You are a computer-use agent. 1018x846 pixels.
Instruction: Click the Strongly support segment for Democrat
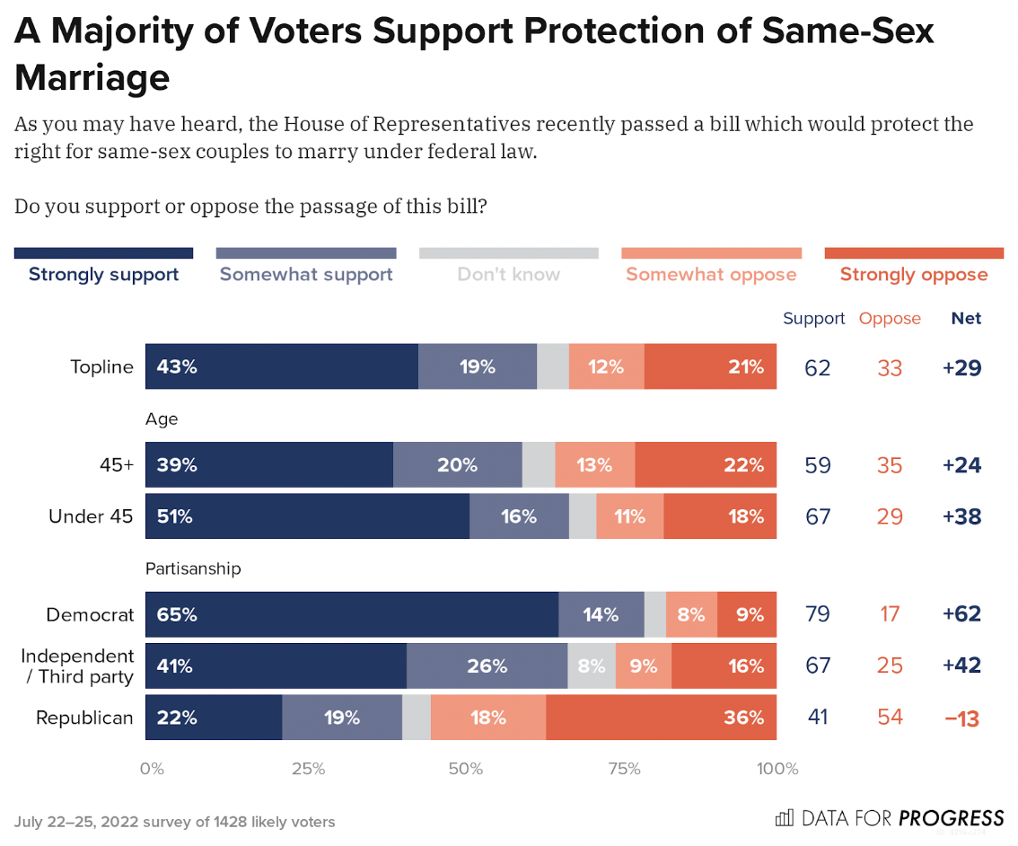click(x=351, y=615)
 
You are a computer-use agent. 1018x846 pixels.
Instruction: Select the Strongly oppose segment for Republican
click(x=661, y=718)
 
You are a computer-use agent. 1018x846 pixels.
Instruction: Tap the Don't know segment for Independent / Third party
click(x=592, y=666)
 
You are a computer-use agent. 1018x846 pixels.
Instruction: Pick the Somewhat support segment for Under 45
click(x=519, y=516)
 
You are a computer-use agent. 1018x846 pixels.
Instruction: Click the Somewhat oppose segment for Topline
click(x=606, y=366)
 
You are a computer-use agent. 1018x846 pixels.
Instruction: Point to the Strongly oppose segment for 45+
click(x=706, y=465)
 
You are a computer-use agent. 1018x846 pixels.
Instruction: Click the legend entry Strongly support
click(x=103, y=274)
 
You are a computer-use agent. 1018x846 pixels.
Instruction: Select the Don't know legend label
click(x=508, y=274)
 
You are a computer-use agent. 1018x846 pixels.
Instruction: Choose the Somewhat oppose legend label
click(x=711, y=274)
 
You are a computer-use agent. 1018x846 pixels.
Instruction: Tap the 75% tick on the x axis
click(x=624, y=769)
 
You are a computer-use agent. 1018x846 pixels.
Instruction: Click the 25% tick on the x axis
click(x=308, y=769)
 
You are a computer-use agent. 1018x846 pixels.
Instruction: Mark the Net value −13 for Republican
click(x=961, y=718)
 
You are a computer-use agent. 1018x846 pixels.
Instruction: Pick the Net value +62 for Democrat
click(x=961, y=615)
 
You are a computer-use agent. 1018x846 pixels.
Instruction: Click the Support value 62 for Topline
click(x=817, y=367)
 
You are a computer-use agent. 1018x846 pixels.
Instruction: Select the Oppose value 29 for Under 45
click(x=890, y=516)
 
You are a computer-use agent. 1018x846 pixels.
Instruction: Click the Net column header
click(x=966, y=318)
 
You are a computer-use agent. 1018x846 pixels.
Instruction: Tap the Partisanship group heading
click(x=193, y=568)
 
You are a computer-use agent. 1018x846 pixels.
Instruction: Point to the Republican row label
click(x=84, y=718)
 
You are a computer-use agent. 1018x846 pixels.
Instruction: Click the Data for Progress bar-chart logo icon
click(x=784, y=817)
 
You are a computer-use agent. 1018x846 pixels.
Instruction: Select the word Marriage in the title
click(x=92, y=77)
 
